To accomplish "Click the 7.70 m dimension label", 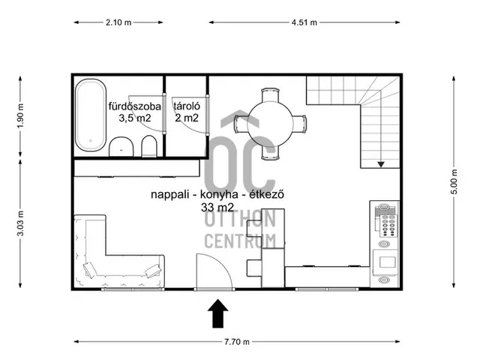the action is click(x=237, y=342).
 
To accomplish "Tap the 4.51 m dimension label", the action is click(x=304, y=22).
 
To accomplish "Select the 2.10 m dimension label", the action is click(x=118, y=22).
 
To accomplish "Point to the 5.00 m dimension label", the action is click(x=454, y=181).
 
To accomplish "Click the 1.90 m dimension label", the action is click(x=20, y=116).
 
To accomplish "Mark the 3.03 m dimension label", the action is click(x=20, y=223).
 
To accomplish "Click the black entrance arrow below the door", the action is click(x=217, y=313).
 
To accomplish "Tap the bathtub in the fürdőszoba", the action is click(x=91, y=115).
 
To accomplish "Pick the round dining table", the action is click(x=270, y=124).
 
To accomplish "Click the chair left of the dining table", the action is click(x=241, y=124).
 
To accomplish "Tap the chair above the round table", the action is click(x=270, y=95).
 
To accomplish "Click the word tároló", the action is click(x=187, y=106).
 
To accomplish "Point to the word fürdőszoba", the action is click(x=135, y=106).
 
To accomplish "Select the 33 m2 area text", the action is click(x=217, y=207).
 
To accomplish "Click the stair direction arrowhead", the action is click(x=381, y=165).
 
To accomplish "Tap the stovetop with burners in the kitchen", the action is click(x=388, y=226).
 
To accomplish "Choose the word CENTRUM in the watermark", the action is click(x=240, y=241).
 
